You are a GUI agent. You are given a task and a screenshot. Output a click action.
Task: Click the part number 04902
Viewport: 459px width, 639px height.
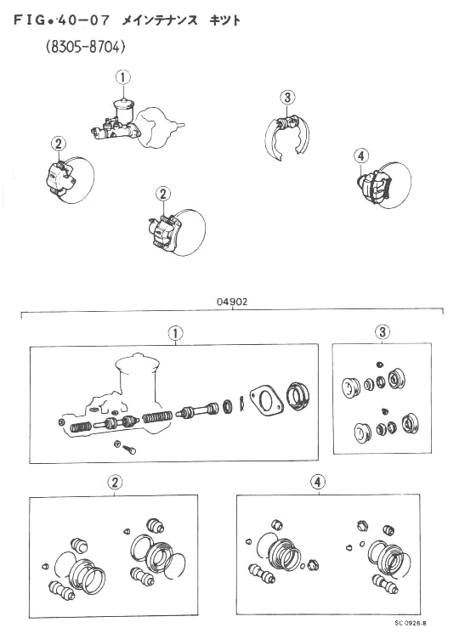[x=232, y=302]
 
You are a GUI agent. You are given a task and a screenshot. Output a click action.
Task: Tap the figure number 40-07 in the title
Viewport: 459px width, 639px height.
[x=83, y=20]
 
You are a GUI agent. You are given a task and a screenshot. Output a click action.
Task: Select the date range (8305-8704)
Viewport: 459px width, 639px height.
[x=85, y=48]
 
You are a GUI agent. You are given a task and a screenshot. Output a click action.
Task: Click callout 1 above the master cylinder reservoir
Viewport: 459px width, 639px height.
[x=123, y=77]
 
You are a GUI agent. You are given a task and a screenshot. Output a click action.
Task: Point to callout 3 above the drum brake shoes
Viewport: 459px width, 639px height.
[x=288, y=98]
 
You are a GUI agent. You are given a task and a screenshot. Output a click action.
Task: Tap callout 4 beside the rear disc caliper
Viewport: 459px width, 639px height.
[x=361, y=156]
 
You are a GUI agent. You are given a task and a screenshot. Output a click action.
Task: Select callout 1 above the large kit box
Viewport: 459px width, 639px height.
[x=175, y=334]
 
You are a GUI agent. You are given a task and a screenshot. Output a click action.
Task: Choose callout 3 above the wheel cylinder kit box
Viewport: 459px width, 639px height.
[x=382, y=332]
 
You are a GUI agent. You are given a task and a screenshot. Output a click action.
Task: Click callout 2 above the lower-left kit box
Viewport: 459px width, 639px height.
[x=115, y=483]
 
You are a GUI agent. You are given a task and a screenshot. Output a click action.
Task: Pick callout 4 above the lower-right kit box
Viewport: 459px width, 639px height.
[x=318, y=482]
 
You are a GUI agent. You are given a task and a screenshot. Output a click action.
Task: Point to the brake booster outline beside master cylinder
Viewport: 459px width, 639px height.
[x=157, y=127]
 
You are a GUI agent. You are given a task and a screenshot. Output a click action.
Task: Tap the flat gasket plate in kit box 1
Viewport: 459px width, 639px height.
[x=266, y=400]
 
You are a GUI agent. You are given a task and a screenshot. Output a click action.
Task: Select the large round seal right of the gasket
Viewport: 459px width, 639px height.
[x=297, y=395]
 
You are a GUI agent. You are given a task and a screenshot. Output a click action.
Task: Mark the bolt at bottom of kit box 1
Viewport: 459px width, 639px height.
[x=130, y=450]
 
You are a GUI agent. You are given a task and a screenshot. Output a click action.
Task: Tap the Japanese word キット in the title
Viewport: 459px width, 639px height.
[x=225, y=20]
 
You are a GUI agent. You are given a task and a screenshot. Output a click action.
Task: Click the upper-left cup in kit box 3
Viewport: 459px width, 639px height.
[x=350, y=387]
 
